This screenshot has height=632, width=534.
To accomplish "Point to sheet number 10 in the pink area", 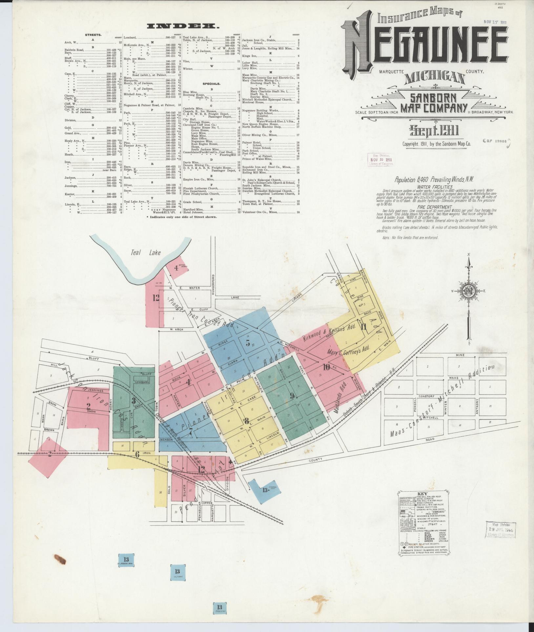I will [x=326, y=367].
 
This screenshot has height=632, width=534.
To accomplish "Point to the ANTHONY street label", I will [x=477, y=408].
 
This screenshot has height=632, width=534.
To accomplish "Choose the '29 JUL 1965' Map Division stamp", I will [x=499, y=530].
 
